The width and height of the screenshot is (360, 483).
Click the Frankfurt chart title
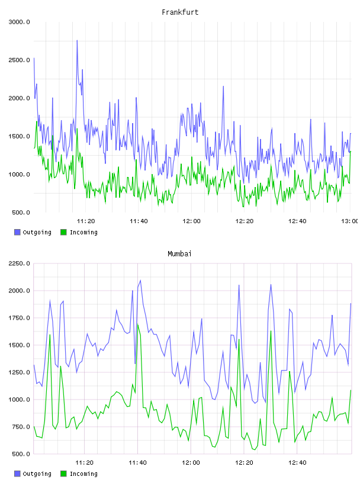pyautogui.click(x=180, y=12)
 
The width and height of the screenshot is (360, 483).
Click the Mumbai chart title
pyautogui.click(x=179, y=254)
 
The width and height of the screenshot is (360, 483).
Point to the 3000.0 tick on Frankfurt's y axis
pyautogui.click(x=19, y=22)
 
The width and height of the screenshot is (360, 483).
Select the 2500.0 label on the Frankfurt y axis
pyautogui.click(x=19, y=60)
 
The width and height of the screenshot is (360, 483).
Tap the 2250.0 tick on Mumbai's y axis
pyautogui.click(x=19, y=263)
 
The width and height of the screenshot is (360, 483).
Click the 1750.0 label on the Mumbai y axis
pyautogui.click(x=19, y=318)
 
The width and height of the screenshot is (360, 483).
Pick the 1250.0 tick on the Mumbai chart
pyautogui.click(x=19, y=372)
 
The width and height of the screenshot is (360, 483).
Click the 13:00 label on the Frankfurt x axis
pyautogui.click(x=349, y=221)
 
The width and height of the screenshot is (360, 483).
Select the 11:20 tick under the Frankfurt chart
pyautogui.click(x=86, y=221)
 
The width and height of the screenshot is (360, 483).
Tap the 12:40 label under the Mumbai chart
pyautogui.click(x=297, y=463)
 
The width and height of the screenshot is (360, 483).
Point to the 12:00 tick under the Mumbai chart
pyautogui.click(x=191, y=463)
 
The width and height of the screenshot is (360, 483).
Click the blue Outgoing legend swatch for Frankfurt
pyautogui.click(x=17, y=232)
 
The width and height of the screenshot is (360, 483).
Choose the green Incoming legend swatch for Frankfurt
pyautogui.click(x=63, y=232)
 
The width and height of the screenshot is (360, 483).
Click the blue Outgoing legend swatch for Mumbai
pyautogui.click(x=17, y=474)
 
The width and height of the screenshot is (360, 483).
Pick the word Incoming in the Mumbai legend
pyautogui.click(x=83, y=474)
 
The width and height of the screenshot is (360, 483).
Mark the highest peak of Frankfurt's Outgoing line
pyautogui.click(x=77, y=40)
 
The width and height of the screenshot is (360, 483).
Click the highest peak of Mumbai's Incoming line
pyautogui.click(x=138, y=324)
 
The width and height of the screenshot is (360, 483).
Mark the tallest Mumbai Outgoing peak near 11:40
pyautogui.click(x=140, y=281)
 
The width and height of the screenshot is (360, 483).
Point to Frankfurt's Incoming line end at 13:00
pyautogui.click(x=351, y=152)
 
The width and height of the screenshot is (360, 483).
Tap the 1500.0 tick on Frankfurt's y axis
pyautogui.click(x=19, y=137)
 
